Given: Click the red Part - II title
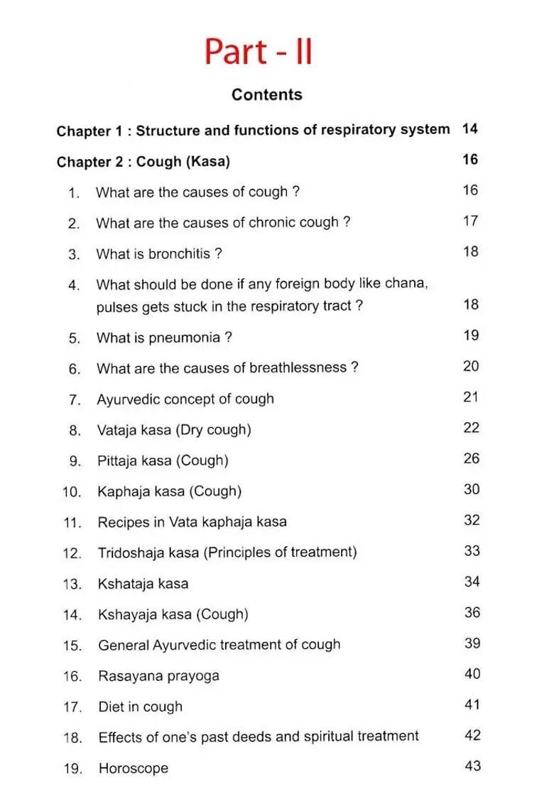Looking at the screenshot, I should coord(259,52).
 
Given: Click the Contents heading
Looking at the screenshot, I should coord(266,95).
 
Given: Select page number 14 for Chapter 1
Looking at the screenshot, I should coord(469,129).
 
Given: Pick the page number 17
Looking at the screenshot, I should coord(470,221).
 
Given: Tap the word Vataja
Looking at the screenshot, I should coord(118,430).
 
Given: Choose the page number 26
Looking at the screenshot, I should coord(472,458).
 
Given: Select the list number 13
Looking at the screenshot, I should coord(73,584).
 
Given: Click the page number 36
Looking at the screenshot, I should coord(472,612).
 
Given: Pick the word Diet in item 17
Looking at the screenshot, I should coord(111,707).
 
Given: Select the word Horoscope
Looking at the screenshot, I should coord(134,768).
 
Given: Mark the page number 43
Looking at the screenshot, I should coord(473,765).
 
